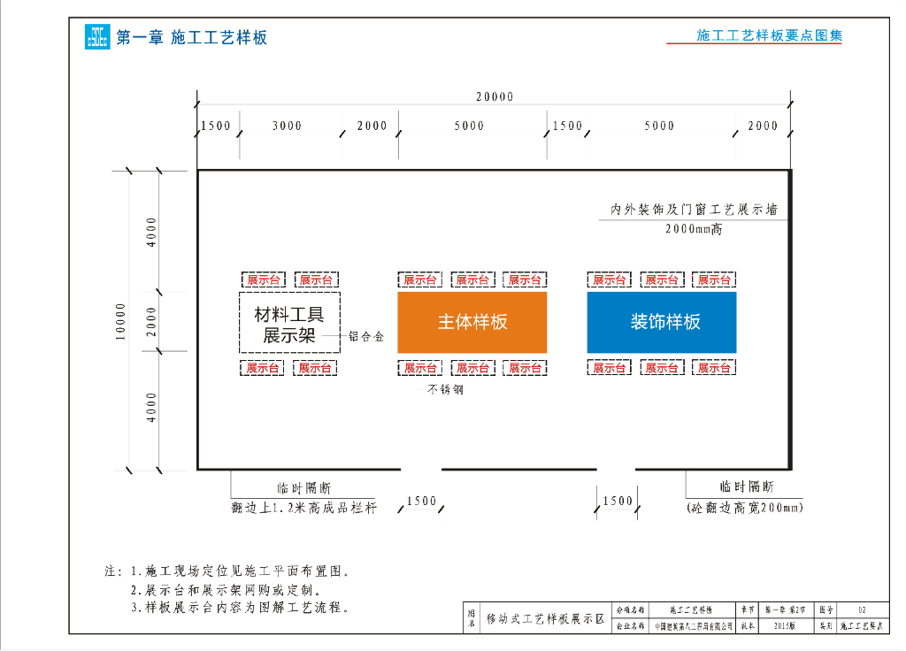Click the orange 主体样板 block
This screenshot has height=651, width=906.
(x=472, y=322)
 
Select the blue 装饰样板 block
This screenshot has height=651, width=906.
(x=662, y=322)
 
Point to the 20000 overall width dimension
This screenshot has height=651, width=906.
(x=494, y=97)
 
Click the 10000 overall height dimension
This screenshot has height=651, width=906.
(x=121, y=320)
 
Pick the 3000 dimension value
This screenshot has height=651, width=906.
(x=287, y=126)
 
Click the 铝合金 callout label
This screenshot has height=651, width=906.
(x=366, y=337)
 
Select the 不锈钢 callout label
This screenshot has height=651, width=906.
(x=446, y=389)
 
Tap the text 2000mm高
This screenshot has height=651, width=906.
(x=694, y=229)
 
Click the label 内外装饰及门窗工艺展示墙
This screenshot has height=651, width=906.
(x=695, y=211)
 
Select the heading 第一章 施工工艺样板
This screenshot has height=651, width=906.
(x=191, y=37)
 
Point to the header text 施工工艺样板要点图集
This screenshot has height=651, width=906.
(x=769, y=36)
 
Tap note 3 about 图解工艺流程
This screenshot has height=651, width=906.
(x=240, y=608)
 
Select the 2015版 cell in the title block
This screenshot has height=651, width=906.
(x=783, y=625)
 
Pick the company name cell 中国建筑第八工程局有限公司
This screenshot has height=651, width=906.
(x=695, y=625)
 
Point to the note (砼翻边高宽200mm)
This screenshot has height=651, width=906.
(x=745, y=508)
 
